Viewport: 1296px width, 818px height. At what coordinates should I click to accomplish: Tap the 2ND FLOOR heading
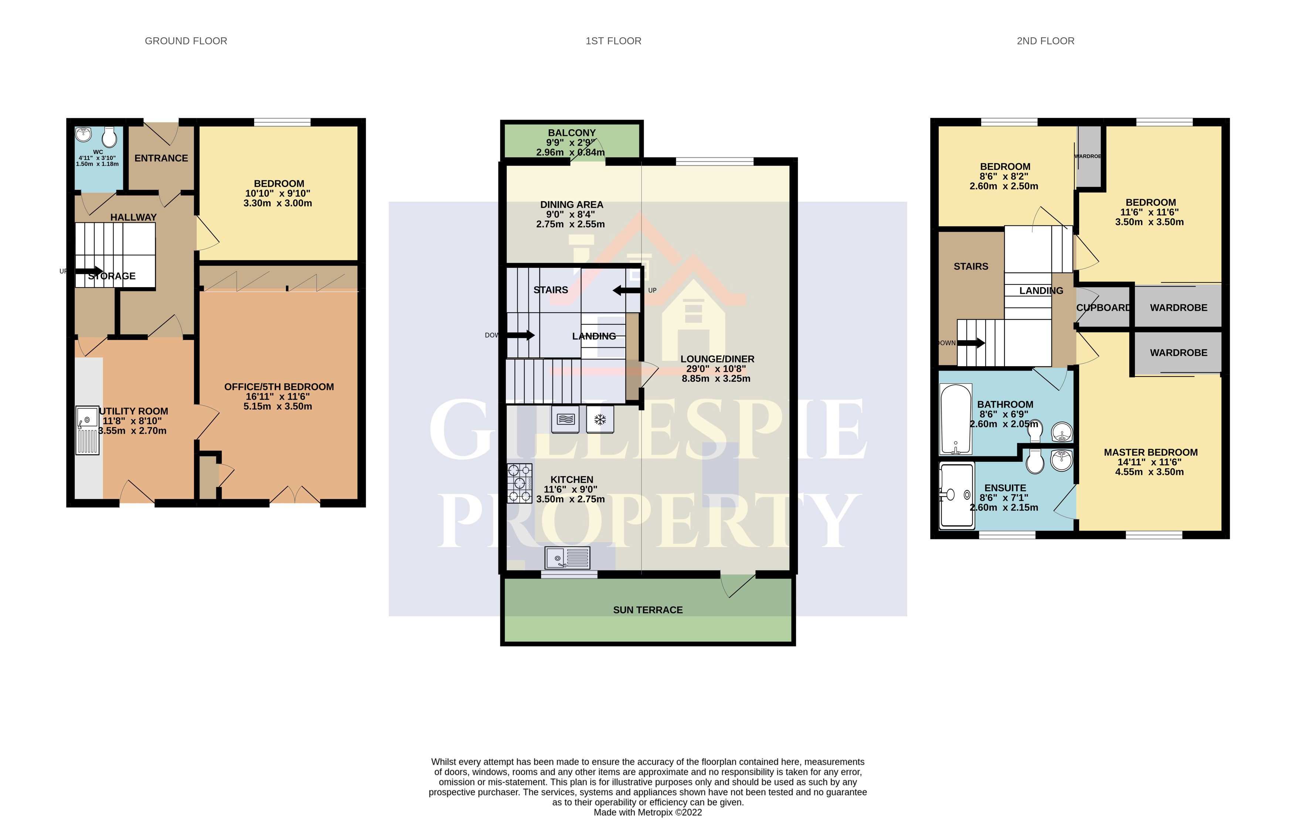(x=1045, y=41)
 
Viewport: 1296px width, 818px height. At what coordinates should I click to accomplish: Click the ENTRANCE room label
(x=161, y=158)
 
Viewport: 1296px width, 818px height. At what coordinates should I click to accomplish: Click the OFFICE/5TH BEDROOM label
(x=279, y=387)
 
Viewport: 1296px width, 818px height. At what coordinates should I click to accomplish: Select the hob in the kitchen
(x=519, y=483)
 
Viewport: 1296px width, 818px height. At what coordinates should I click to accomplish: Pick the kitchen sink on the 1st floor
(x=567, y=558)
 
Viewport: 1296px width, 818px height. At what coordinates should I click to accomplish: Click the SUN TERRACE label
(x=647, y=610)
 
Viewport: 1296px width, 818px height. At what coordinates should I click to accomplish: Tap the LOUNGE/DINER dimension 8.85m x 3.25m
(x=716, y=378)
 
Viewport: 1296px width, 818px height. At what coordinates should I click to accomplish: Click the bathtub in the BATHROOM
(x=956, y=419)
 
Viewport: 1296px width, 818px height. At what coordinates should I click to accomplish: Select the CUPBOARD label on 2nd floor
(x=1103, y=308)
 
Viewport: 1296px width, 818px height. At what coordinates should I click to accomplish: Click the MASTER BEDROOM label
(x=1150, y=453)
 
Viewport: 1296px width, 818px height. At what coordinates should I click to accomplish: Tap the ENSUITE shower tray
(x=956, y=495)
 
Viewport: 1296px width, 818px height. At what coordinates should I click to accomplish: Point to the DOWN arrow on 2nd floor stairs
(x=970, y=343)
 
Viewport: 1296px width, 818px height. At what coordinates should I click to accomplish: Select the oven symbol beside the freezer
(x=565, y=419)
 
